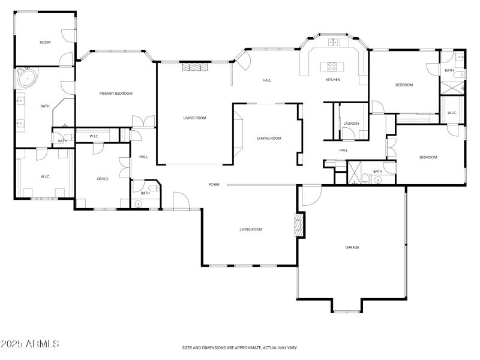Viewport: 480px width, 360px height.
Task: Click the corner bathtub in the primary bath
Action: pos(26,79)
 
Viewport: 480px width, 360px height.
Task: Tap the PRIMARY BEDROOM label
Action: pos(116,93)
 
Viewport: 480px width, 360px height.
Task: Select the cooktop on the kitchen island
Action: pos(331,65)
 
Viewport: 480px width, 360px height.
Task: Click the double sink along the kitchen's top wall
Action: pos(334,42)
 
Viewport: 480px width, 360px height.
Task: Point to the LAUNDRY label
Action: pos(351,124)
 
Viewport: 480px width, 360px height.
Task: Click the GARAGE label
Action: pos(352,247)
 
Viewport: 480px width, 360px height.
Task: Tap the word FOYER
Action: pos(214,184)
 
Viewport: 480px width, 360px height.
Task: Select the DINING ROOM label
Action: pos(269,138)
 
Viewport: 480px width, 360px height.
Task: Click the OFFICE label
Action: pos(103,179)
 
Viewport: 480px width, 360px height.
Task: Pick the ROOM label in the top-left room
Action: pos(45,42)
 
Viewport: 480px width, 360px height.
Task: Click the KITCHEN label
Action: pos(333,80)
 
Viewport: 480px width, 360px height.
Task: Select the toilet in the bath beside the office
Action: pos(153,188)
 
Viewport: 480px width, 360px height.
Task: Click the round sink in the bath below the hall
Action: pos(377,179)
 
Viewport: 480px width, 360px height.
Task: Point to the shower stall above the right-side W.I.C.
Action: pos(452,86)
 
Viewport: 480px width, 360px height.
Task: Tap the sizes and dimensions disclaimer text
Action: pos(240,347)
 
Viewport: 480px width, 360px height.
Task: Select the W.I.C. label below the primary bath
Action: pos(45,176)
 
